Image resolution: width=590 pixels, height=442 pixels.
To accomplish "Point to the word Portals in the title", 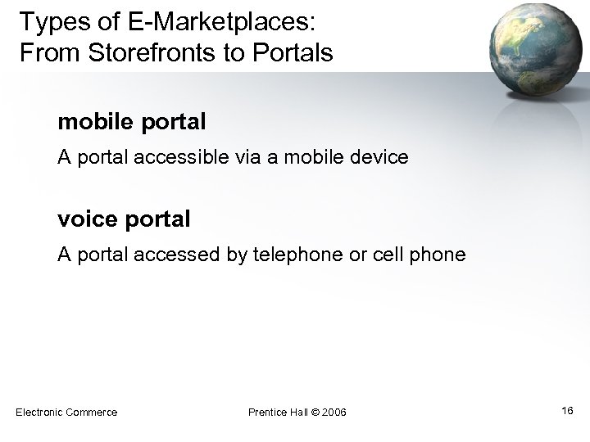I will (293, 53).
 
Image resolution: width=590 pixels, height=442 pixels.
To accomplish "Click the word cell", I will (389, 255).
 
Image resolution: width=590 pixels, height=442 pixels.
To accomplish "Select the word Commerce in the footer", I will (91, 412).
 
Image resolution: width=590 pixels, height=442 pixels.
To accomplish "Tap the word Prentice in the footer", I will (266, 412).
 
